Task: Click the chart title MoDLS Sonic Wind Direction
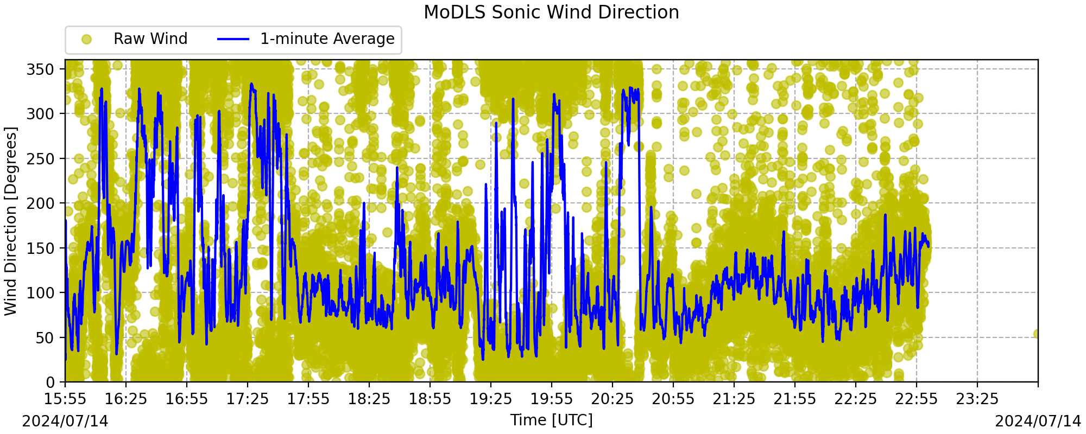pos(551,12)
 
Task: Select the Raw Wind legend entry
pos(134,39)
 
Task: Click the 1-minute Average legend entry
pos(306,39)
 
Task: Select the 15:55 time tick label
pos(65,399)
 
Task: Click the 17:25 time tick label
pos(248,399)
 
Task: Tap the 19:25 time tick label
pos(491,399)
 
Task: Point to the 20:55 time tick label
pos(673,399)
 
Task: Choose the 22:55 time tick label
pos(917,399)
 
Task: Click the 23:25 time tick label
pos(977,399)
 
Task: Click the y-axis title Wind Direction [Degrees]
pos(11,221)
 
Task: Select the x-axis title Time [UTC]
pos(551,420)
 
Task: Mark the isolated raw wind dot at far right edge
pos(1037,334)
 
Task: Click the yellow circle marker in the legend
pos(86,39)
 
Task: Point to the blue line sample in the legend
pos(233,39)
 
